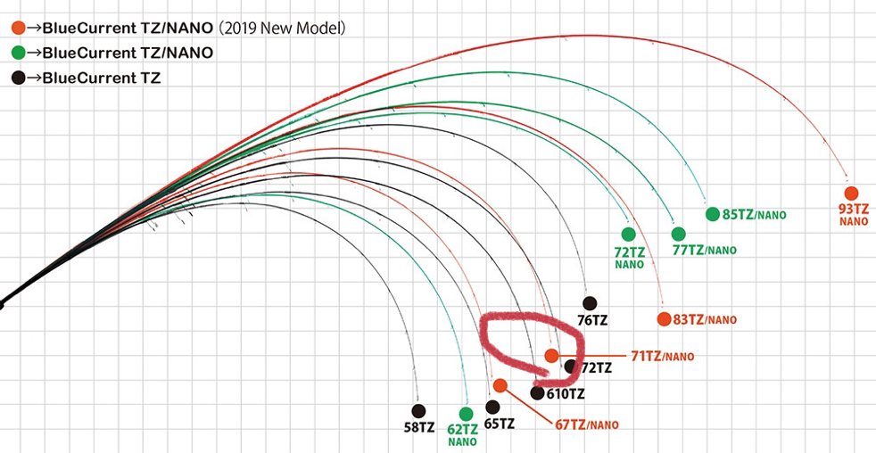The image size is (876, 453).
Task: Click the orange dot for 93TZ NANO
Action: (851, 194)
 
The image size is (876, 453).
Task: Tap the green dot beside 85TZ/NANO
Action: (712, 214)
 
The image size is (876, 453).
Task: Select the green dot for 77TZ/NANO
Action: (678, 234)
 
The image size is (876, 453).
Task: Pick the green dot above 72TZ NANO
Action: (628, 234)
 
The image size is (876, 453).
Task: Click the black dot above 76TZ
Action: (589, 303)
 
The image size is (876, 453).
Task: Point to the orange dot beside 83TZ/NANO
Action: (663, 319)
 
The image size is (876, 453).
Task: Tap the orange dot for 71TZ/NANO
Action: (552, 356)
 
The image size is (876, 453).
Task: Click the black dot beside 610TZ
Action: (537, 392)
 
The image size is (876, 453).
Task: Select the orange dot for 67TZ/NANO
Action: (500, 385)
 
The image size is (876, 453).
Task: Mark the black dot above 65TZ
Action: (492, 407)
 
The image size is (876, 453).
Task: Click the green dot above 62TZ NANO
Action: (465, 414)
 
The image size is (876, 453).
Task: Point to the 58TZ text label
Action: (419, 427)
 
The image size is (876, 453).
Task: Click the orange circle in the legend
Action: (18, 29)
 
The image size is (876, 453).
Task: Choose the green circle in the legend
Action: (18, 54)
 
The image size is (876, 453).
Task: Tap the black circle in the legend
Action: (18, 78)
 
